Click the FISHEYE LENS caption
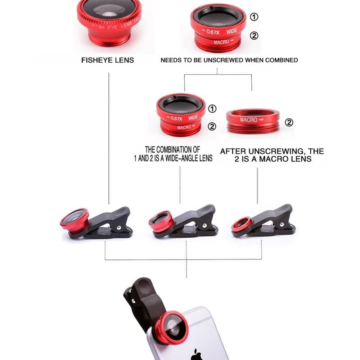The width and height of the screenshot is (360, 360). [x=107, y=60]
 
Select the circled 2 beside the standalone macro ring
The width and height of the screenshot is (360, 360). [x=289, y=122]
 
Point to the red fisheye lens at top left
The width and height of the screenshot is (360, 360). [x=109, y=22]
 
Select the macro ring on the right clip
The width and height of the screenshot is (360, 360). [x=242, y=224]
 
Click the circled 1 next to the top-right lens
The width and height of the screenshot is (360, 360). [x=254, y=17]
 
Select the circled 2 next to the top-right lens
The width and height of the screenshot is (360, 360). [x=254, y=36]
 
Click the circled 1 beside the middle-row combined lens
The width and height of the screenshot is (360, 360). [x=212, y=108]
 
